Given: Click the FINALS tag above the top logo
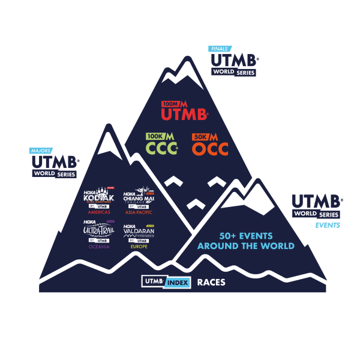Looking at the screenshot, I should tap(218, 49).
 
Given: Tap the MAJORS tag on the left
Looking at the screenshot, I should tap(40, 151).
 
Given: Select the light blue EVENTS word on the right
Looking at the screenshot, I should tap(327, 226).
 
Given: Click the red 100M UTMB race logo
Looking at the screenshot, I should tap(185, 110).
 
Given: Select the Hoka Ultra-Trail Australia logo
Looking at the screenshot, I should tap(100, 233).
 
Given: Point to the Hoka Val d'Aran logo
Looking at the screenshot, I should tap(140, 233).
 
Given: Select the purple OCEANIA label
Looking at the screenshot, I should tap(100, 247).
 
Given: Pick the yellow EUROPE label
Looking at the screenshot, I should tap(140, 247).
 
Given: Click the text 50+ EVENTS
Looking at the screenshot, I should tap(245, 235).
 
